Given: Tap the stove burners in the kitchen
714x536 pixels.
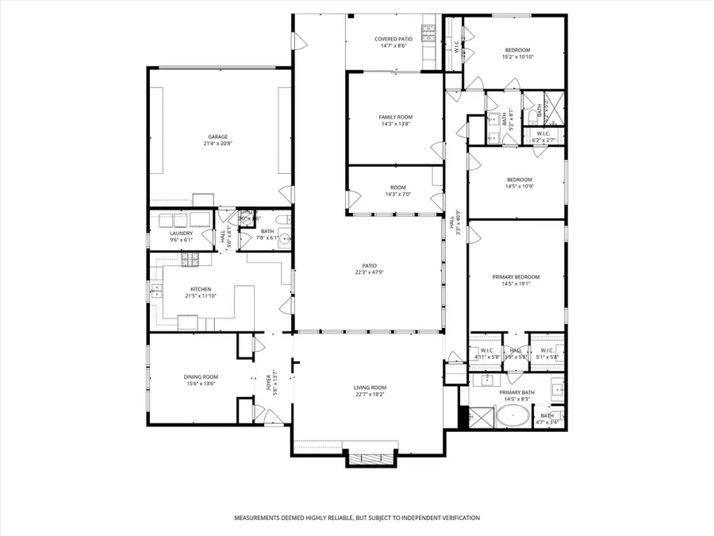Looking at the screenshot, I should pyautogui.click(x=190, y=258).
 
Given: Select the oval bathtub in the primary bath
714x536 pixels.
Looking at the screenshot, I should pyautogui.click(x=515, y=415).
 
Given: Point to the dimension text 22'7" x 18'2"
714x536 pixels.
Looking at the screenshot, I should pyautogui.click(x=369, y=394).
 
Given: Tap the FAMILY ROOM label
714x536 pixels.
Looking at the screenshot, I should pyautogui.click(x=395, y=117).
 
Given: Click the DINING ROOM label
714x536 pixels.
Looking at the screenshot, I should pyautogui.click(x=202, y=376).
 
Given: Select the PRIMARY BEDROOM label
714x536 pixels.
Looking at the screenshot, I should pyautogui.click(x=516, y=276).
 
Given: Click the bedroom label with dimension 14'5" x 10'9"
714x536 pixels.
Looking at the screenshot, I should pyautogui.click(x=520, y=179).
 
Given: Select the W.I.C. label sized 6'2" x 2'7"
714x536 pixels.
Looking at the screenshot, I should pyautogui.click(x=544, y=133).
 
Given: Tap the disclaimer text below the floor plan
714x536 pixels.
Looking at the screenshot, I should pyautogui.click(x=356, y=518).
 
